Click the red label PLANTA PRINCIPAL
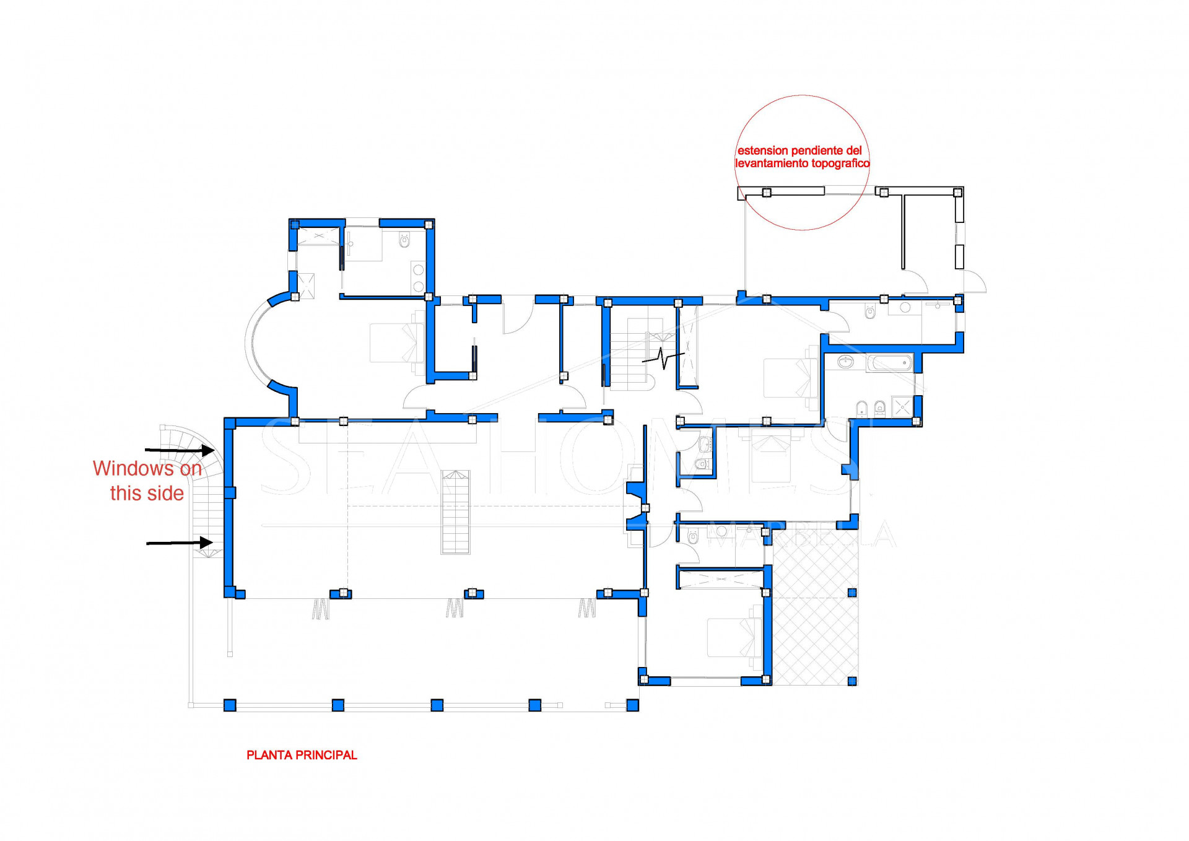(302, 755)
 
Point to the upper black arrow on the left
(180, 450)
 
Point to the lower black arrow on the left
(180, 543)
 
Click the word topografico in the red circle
(838, 163)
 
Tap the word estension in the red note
(762, 150)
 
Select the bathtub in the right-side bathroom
(889, 362)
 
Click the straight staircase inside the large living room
(455, 512)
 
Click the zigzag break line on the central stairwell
(663, 358)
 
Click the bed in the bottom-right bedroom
(734, 637)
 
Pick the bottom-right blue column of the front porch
(632, 705)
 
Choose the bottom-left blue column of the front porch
(230, 705)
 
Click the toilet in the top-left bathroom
(404, 240)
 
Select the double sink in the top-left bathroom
(419, 278)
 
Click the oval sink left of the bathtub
(845, 362)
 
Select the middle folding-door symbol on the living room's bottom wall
(455, 608)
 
